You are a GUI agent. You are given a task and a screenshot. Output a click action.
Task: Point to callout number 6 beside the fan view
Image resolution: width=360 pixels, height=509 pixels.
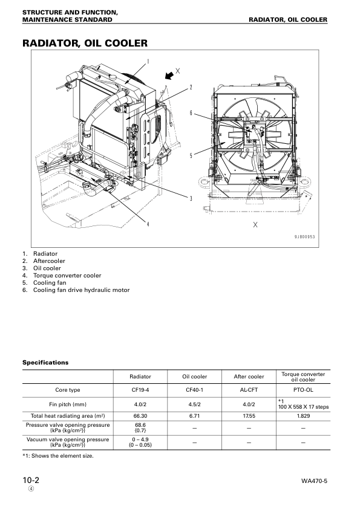[191, 113]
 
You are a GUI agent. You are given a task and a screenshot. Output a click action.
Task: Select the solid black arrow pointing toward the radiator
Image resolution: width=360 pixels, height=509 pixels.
[172, 74]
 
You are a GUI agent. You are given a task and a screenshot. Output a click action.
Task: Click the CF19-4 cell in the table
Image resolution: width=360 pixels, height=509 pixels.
[140, 390]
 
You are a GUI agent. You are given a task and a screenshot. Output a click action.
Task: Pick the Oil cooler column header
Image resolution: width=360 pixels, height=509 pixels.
[195, 376]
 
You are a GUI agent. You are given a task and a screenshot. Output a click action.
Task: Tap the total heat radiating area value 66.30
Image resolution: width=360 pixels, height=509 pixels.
[140, 416]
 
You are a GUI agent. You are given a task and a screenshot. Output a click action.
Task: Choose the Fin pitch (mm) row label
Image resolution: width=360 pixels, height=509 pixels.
[68, 403]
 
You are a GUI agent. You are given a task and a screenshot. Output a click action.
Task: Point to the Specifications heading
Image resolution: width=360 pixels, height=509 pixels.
[45, 363]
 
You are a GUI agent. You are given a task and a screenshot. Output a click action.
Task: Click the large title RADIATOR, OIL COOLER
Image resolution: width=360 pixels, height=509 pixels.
[85, 44]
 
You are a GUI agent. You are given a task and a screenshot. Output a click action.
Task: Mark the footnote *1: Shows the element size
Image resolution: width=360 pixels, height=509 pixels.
[58, 455]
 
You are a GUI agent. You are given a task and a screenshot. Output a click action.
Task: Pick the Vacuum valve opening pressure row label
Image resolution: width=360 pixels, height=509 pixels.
[68, 443]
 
